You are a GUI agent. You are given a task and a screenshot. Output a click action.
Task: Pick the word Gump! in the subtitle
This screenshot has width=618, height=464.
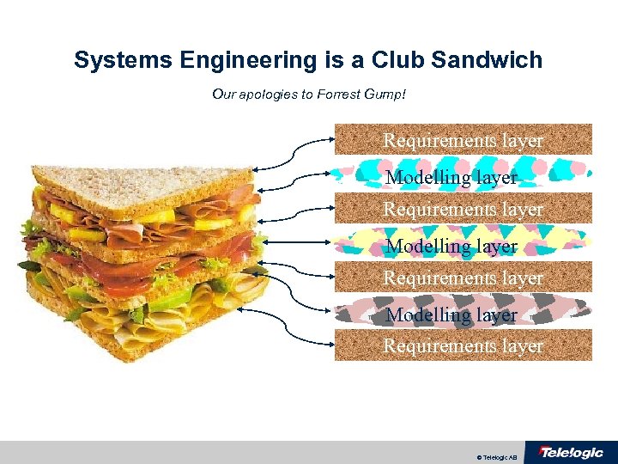385,93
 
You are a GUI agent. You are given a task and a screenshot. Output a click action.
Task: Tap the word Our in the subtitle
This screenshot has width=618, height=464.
222,93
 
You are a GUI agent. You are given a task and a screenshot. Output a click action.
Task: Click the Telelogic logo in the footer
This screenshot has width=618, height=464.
570,452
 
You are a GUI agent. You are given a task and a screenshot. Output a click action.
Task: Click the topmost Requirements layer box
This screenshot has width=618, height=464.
463,139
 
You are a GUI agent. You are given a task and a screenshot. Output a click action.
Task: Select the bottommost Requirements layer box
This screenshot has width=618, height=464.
463,345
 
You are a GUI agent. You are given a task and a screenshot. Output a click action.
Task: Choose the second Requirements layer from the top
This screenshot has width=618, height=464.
463,209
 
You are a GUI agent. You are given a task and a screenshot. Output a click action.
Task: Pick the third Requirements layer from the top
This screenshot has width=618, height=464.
463,278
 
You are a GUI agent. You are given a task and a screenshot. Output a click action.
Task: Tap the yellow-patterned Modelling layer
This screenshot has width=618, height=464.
463,245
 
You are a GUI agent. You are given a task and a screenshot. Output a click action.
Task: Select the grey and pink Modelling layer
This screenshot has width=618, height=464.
463,314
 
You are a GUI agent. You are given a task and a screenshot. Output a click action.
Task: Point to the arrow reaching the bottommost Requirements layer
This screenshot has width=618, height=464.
296,318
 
